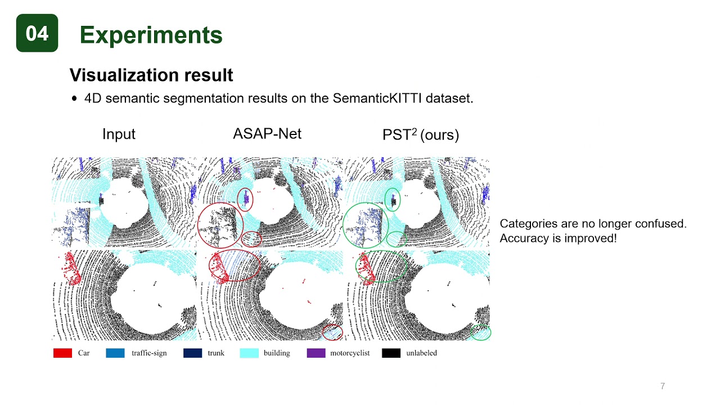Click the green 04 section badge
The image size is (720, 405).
tap(37, 33)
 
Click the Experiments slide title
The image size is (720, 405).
tap(151, 35)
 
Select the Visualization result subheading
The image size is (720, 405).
tap(151, 75)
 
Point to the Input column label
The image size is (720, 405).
tap(119, 134)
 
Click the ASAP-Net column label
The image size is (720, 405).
tap(267, 134)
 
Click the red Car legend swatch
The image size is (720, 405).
tap(62, 353)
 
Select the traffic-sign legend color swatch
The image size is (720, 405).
tap(115, 353)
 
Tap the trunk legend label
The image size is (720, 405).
tap(215, 353)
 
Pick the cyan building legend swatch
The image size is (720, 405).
tap(249, 353)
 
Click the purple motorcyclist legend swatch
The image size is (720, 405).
tap(316, 353)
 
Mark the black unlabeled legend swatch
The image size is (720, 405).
tap(391, 353)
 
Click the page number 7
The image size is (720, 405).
tap(662, 386)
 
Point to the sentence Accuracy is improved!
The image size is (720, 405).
tap(558, 238)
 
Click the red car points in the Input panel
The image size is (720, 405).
tap(70, 267)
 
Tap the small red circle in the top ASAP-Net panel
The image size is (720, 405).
tap(245, 199)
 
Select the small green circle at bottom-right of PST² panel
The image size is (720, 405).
tap(480, 332)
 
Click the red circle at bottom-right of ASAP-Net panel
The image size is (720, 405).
tap(333, 332)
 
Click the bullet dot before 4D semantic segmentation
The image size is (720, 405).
tap(74, 98)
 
